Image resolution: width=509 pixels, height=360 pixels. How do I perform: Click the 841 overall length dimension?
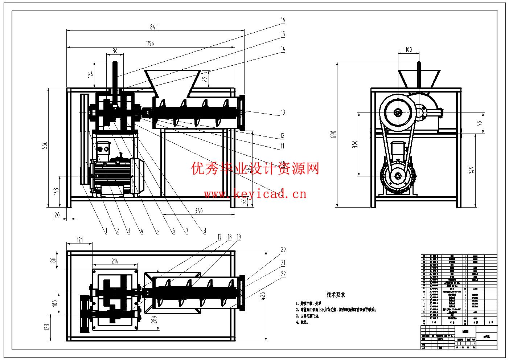(x=154, y=27)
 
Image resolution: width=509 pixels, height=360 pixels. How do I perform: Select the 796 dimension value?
(x=150, y=44)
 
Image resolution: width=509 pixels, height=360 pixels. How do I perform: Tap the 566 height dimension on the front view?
(x=45, y=145)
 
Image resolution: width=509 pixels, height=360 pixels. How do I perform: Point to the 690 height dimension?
(x=334, y=134)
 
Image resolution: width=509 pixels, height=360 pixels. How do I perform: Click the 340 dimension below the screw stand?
(x=198, y=210)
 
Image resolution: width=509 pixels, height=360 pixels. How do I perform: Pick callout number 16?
(x=283, y=20)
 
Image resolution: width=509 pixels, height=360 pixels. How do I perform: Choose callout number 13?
(x=283, y=112)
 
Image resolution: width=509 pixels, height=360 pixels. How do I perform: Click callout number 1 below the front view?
(x=106, y=230)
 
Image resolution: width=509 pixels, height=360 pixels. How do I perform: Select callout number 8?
(x=205, y=230)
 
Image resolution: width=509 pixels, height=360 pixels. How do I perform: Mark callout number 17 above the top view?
(x=219, y=237)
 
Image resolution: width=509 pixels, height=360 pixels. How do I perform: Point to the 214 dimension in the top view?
(x=115, y=261)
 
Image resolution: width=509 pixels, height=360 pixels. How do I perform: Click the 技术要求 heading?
(x=336, y=295)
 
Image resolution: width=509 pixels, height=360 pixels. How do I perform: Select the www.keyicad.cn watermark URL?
(x=255, y=194)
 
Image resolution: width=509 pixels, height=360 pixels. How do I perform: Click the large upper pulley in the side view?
(x=398, y=113)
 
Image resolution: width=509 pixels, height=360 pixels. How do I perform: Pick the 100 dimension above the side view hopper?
(x=409, y=49)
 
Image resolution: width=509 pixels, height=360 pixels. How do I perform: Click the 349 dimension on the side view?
(x=472, y=170)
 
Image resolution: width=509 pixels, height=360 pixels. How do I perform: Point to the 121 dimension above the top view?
(x=79, y=240)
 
